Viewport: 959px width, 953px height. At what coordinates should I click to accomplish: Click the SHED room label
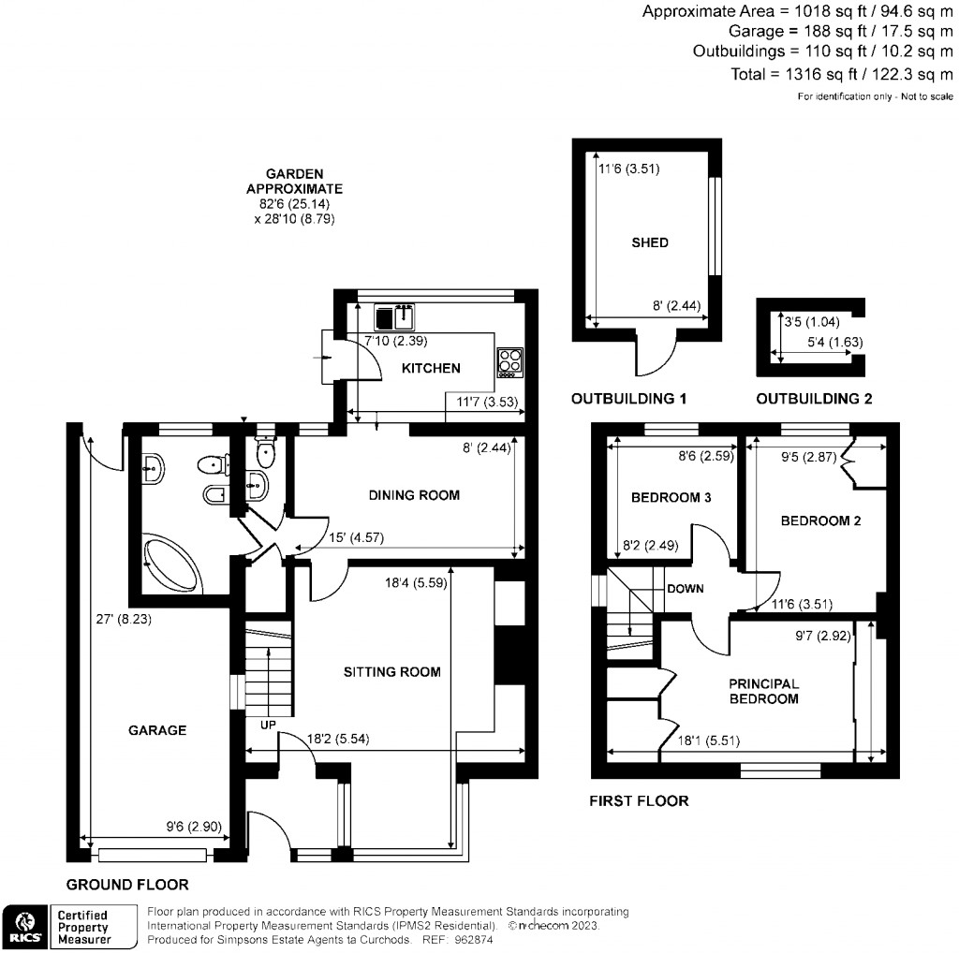pyautogui.click(x=649, y=242)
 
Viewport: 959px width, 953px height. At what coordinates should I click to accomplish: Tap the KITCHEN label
pyautogui.click(x=431, y=368)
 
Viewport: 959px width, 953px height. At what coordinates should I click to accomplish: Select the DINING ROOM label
pyautogui.click(x=414, y=494)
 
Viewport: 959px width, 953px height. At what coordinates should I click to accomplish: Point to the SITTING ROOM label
pyautogui.click(x=391, y=671)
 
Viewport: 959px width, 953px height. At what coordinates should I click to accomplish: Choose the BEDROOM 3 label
pyautogui.click(x=670, y=497)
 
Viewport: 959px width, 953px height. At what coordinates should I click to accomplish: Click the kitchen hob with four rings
pyautogui.click(x=510, y=362)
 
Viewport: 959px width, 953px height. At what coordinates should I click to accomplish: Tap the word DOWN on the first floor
pyautogui.click(x=686, y=589)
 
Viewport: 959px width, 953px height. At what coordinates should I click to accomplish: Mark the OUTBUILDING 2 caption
pyautogui.click(x=814, y=399)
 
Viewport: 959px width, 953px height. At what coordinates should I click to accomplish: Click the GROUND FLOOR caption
pyautogui.click(x=127, y=884)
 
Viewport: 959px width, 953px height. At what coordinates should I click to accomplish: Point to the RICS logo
pyautogui.click(x=23, y=926)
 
